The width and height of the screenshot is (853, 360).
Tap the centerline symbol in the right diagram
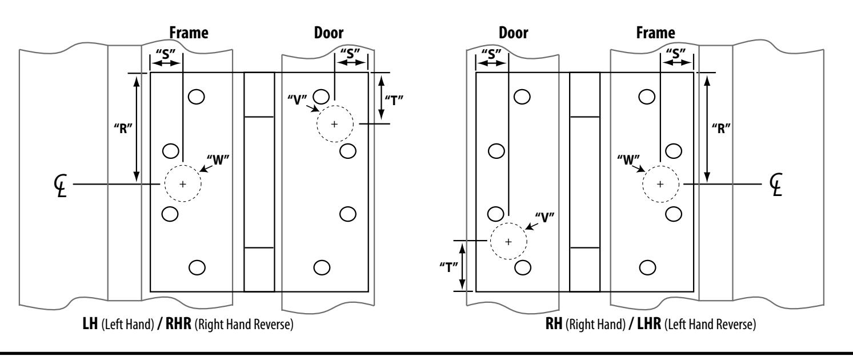776,185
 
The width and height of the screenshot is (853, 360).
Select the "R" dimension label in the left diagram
123,129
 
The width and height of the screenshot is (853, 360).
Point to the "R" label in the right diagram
721,129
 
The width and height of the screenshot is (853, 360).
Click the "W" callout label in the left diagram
218,160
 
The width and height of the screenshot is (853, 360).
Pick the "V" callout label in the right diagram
544,218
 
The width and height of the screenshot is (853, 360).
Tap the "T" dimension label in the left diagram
394,101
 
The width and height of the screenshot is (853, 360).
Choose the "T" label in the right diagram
448,267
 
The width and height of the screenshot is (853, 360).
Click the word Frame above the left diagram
189,33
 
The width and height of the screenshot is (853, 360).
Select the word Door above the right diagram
513,33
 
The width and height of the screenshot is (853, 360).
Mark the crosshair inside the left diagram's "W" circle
183,185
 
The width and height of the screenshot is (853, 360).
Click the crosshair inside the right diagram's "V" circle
508,242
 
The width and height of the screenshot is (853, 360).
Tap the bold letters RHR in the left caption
178,324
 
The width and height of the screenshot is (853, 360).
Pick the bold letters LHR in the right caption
649,324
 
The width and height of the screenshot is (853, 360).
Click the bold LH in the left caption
90,324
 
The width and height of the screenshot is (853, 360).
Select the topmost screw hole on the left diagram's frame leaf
197,97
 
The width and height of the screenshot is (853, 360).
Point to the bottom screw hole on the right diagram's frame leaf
647,268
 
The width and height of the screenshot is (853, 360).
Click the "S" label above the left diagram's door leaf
350,53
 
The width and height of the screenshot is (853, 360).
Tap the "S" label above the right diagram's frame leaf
676,53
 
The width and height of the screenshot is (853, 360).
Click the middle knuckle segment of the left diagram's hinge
259,182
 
